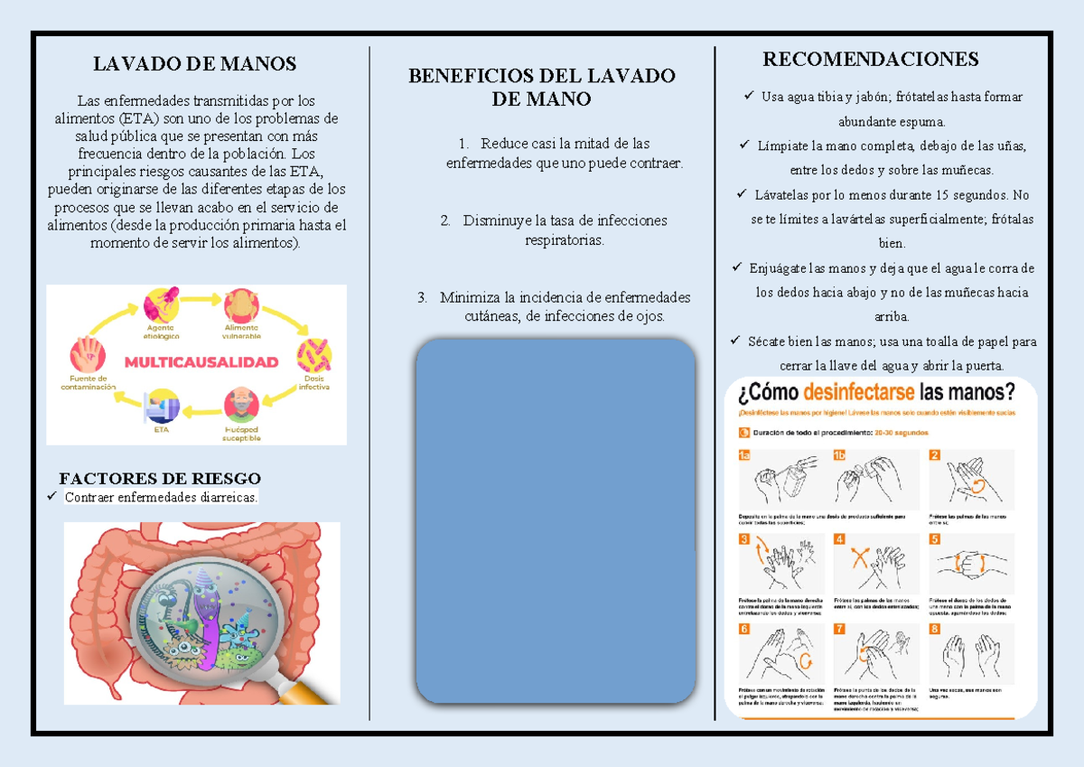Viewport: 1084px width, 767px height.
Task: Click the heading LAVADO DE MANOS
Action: point(195,64)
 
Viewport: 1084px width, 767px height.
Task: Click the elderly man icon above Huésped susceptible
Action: point(241,402)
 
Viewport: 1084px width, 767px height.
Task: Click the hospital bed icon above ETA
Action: point(163,405)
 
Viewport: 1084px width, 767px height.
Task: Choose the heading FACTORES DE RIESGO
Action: point(160,479)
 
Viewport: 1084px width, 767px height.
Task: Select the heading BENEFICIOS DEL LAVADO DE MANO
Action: point(541,88)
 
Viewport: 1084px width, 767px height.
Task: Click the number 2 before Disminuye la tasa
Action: point(445,220)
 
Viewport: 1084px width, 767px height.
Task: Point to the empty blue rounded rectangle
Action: point(555,521)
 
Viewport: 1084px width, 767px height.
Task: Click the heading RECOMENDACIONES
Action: point(870,60)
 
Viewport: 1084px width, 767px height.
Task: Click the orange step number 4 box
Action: point(839,539)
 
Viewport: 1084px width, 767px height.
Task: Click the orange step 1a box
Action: point(744,456)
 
